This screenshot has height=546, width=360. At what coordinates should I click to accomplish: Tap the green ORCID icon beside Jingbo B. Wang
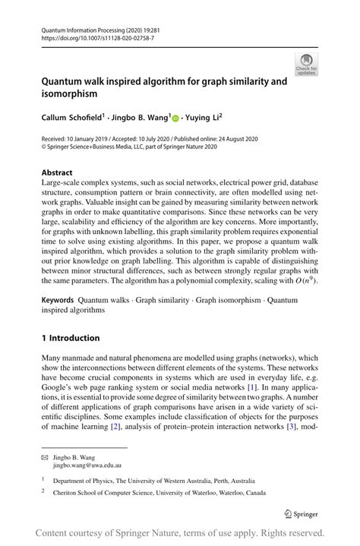pos(175,118)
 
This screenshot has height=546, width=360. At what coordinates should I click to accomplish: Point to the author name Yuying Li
pos(206,118)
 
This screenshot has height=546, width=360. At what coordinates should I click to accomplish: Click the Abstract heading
pos(58,172)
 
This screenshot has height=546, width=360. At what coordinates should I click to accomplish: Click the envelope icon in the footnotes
pos(46,457)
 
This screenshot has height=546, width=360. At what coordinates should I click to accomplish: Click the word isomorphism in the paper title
pos(70,94)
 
